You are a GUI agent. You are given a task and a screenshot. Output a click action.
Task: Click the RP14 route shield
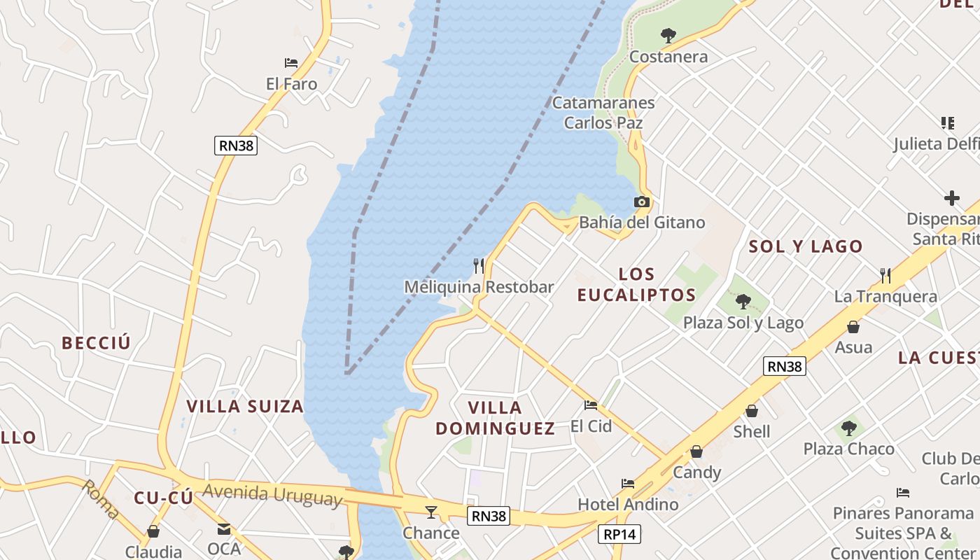(x=620, y=535)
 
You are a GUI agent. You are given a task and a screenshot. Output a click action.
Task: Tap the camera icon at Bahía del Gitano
(x=641, y=202)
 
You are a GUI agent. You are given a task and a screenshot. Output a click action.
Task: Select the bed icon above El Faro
(x=291, y=64)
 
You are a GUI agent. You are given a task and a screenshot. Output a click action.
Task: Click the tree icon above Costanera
(x=668, y=35)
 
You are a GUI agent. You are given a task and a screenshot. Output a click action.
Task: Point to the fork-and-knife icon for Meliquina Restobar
(x=479, y=265)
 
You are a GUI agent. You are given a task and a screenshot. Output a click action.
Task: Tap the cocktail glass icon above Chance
(x=431, y=512)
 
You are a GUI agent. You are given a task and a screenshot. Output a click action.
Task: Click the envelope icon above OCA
(x=224, y=528)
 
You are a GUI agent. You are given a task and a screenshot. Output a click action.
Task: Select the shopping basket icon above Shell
(x=752, y=411)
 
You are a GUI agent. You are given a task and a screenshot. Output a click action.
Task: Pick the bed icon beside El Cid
(x=591, y=405)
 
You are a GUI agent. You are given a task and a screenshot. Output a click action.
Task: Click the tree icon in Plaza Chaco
(x=848, y=428)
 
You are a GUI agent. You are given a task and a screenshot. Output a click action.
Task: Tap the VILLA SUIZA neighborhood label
(x=245, y=407)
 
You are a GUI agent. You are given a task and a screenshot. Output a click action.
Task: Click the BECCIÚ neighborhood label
(x=96, y=343)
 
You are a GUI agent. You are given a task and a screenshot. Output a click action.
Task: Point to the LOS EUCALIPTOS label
(x=636, y=284)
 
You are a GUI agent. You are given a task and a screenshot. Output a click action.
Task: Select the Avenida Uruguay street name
(x=272, y=494)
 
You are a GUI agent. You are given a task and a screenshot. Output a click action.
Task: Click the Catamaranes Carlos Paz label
(x=603, y=113)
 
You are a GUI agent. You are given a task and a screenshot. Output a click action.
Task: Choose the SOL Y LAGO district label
(x=806, y=246)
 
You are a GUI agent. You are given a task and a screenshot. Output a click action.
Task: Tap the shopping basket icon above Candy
(x=696, y=452)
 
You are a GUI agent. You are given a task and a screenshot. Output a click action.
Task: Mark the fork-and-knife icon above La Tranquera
(x=885, y=275)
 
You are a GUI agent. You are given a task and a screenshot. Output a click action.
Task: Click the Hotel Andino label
(x=628, y=504)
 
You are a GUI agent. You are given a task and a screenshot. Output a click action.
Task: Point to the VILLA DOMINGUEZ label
(x=496, y=418)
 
